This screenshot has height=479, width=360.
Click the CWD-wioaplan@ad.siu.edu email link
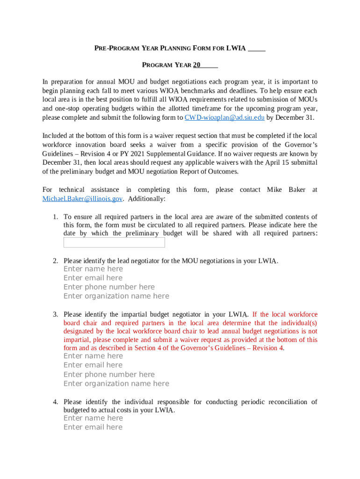pyautogui.click(x=224, y=117)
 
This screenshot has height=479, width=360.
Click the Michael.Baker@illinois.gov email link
pyautogui.click(x=82, y=199)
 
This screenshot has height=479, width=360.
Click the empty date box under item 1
pyautogui.click(x=114, y=242)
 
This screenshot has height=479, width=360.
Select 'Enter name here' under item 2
pyautogui.click(x=93, y=269)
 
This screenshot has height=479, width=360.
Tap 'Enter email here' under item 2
pyautogui.click(x=93, y=278)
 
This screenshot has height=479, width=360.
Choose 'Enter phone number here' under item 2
pyautogui.click(x=109, y=287)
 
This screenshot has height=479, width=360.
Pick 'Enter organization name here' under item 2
pyautogui.click(x=116, y=296)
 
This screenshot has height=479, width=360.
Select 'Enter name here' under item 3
pyautogui.click(x=93, y=356)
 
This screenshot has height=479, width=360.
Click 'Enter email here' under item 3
pyautogui.click(x=93, y=365)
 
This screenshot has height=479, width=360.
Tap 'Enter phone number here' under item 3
pyautogui.click(x=109, y=374)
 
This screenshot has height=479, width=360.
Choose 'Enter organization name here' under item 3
pyautogui.click(x=116, y=384)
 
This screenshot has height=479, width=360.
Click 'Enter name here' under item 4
pyautogui.click(x=93, y=418)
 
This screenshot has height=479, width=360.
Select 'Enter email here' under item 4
pyautogui.click(x=93, y=427)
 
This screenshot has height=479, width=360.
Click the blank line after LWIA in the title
pyautogui.click(x=257, y=49)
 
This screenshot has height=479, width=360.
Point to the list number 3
pyautogui.click(x=55, y=315)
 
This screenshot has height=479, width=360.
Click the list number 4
pyautogui.click(x=55, y=402)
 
